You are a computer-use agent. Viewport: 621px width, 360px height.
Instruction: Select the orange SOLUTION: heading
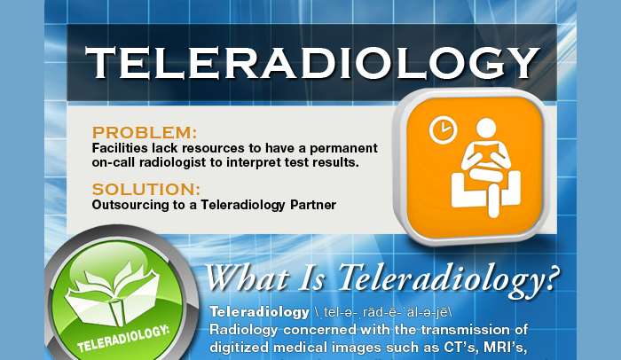point(146,189)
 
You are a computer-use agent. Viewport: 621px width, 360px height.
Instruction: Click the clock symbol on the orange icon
point(441,129)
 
